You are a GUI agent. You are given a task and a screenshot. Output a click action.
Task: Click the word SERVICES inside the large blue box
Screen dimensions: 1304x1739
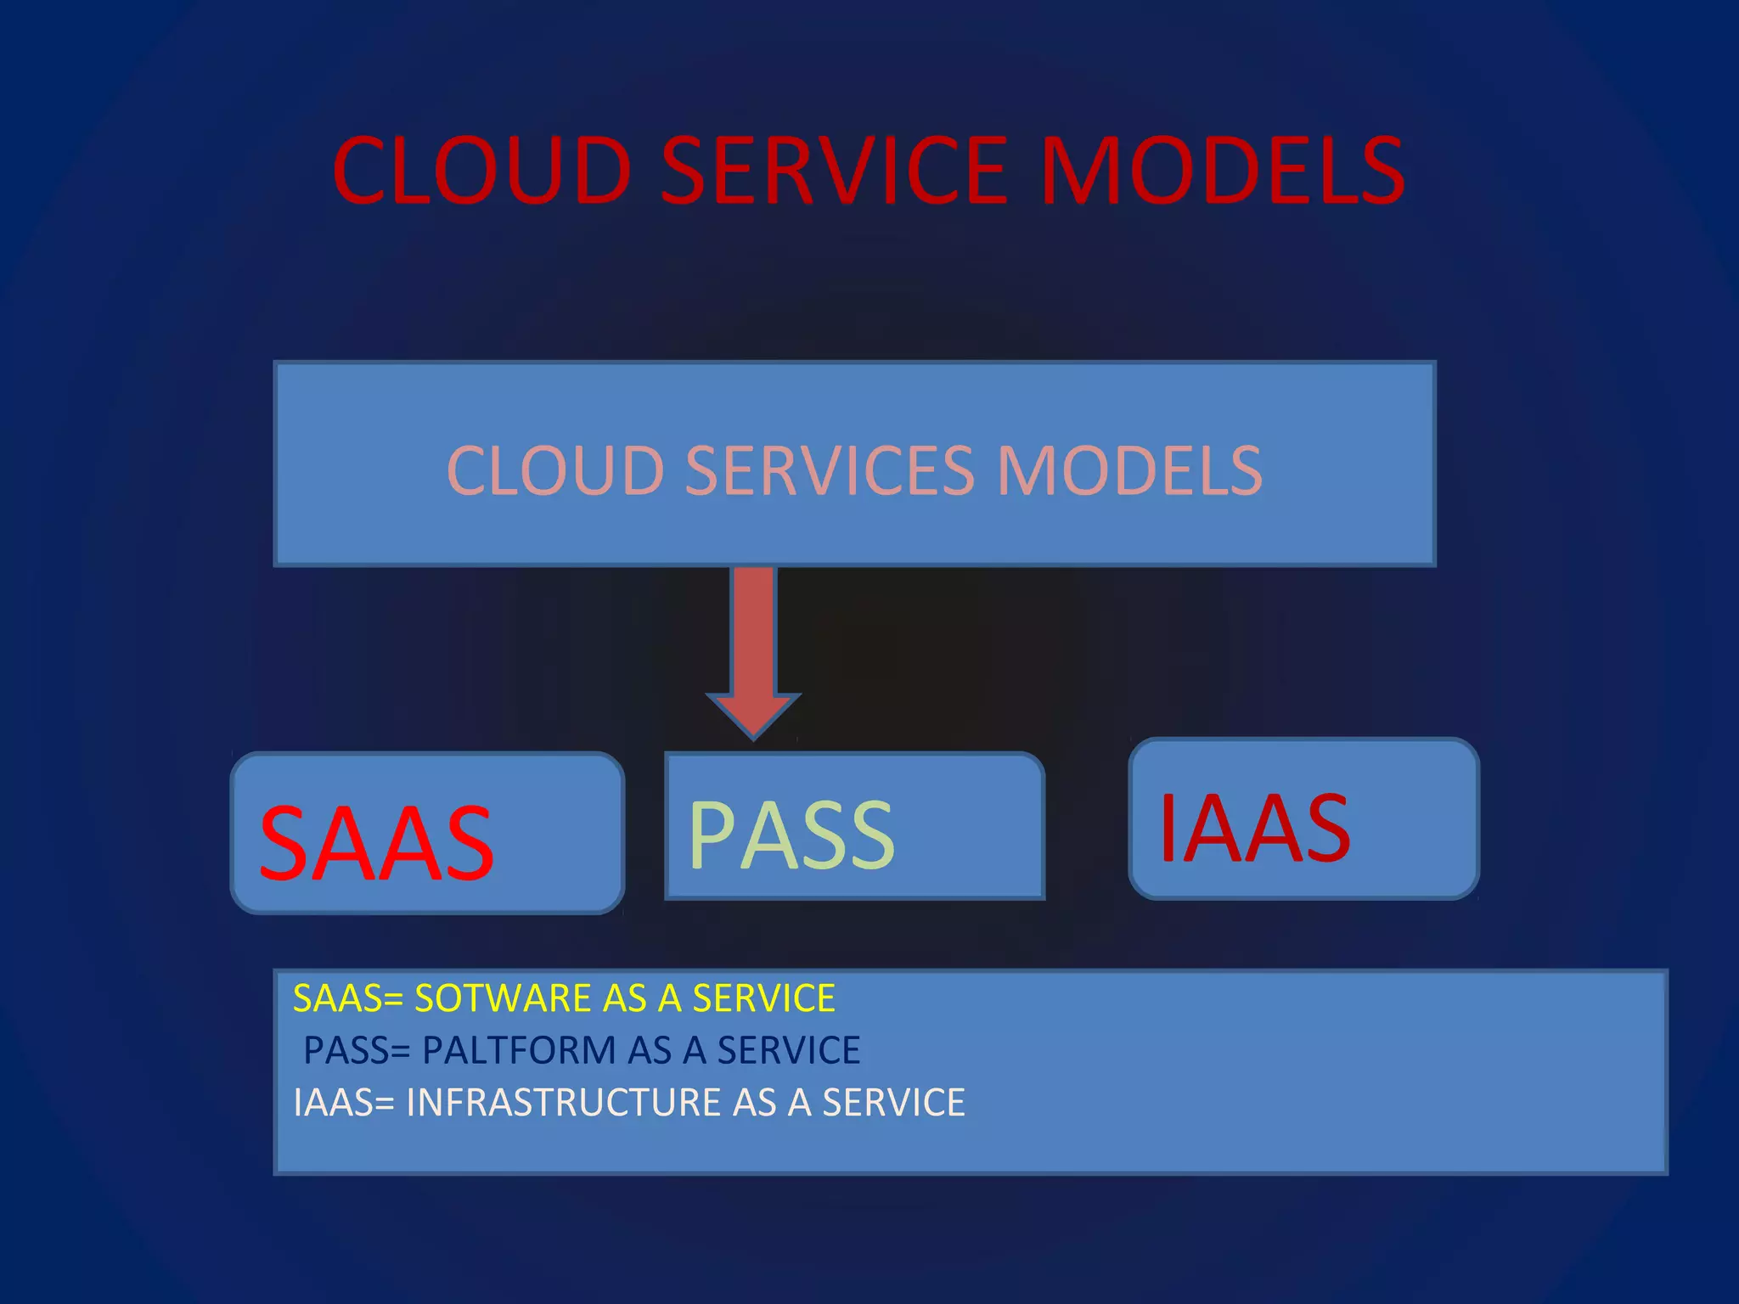[830, 470]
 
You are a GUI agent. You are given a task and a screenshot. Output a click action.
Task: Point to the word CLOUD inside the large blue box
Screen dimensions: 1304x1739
[555, 470]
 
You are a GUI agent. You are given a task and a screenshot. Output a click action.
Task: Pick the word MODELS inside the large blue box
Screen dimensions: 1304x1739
[1129, 470]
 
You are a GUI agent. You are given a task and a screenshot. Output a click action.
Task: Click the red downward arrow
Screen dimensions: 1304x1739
[753, 637]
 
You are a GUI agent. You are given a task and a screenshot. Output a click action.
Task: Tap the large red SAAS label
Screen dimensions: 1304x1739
[376, 844]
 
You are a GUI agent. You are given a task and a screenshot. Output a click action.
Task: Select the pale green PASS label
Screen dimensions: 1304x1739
[791, 835]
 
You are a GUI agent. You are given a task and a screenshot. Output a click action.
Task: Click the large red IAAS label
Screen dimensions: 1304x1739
[1254, 828]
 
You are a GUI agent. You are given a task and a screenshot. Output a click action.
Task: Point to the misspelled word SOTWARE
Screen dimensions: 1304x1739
[502, 998]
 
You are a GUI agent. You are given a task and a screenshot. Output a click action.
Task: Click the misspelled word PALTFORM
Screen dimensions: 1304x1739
[518, 1051]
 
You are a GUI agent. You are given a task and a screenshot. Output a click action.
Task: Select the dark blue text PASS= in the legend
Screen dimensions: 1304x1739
[357, 1051]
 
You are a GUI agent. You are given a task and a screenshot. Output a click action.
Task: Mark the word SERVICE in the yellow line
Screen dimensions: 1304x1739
[763, 998]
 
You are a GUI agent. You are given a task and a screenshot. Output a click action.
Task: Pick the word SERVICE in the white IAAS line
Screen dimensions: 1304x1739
[893, 1103]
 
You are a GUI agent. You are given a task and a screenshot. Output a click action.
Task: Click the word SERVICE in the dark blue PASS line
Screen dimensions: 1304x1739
[789, 1051]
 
